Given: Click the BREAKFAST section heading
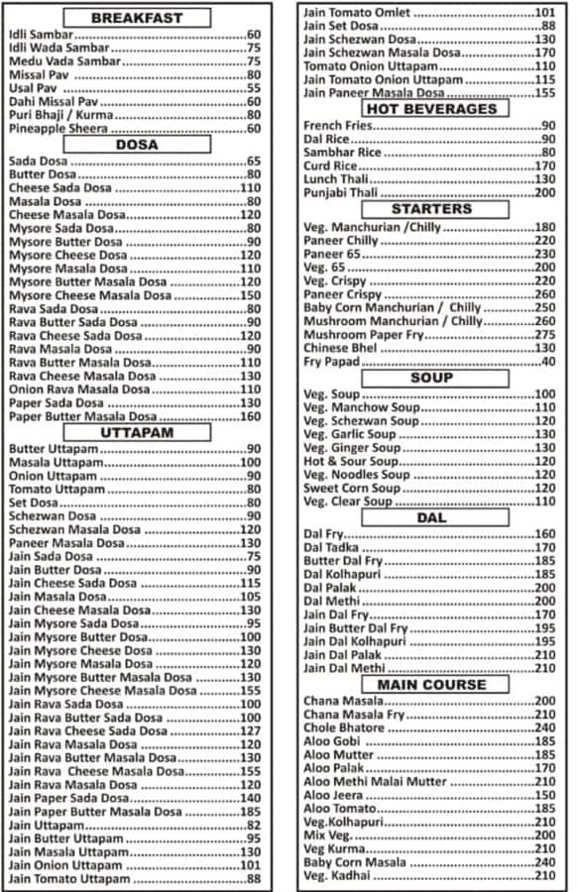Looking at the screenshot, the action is [137, 18].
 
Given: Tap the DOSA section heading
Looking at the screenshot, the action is [137, 145].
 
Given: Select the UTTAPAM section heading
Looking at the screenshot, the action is [137, 432].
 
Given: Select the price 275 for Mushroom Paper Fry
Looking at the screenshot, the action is [545, 335].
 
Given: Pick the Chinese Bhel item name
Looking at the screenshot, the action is [340, 349].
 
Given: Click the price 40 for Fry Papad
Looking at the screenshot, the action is [548, 362].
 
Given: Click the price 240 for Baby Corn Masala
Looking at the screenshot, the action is [545, 862].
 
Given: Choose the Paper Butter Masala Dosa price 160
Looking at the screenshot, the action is [249, 417].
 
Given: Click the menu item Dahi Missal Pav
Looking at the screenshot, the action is [52, 102].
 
